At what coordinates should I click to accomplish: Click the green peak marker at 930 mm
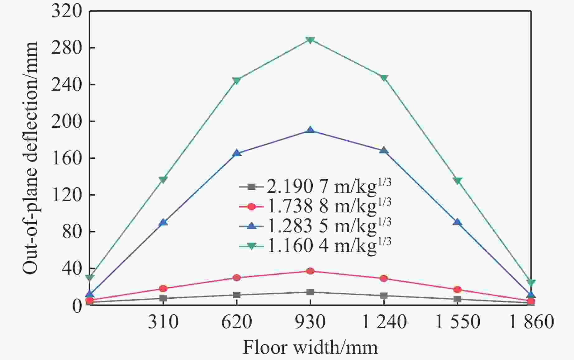[x=310, y=40]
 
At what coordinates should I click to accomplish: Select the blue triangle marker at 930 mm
[x=310, y=130]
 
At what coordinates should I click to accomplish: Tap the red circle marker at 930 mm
[x=310, y=271]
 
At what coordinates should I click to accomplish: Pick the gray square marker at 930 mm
[x=310, y=292]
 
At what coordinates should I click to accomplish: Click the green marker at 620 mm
[x=236, y=81]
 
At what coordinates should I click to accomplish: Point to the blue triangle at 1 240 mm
[x=384, y=150]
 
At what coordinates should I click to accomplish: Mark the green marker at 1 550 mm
[x=457, y=181]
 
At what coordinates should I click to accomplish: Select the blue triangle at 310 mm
[x=163, y=222]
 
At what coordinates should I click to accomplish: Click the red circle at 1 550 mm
[x=457, y=290]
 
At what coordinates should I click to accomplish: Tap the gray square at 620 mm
[x=236, y=295]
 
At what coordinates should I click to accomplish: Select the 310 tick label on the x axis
[x=163, y=322]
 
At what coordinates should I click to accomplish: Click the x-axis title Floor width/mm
[x=310, y=348]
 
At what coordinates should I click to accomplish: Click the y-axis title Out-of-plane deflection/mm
[x=30, y=158]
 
